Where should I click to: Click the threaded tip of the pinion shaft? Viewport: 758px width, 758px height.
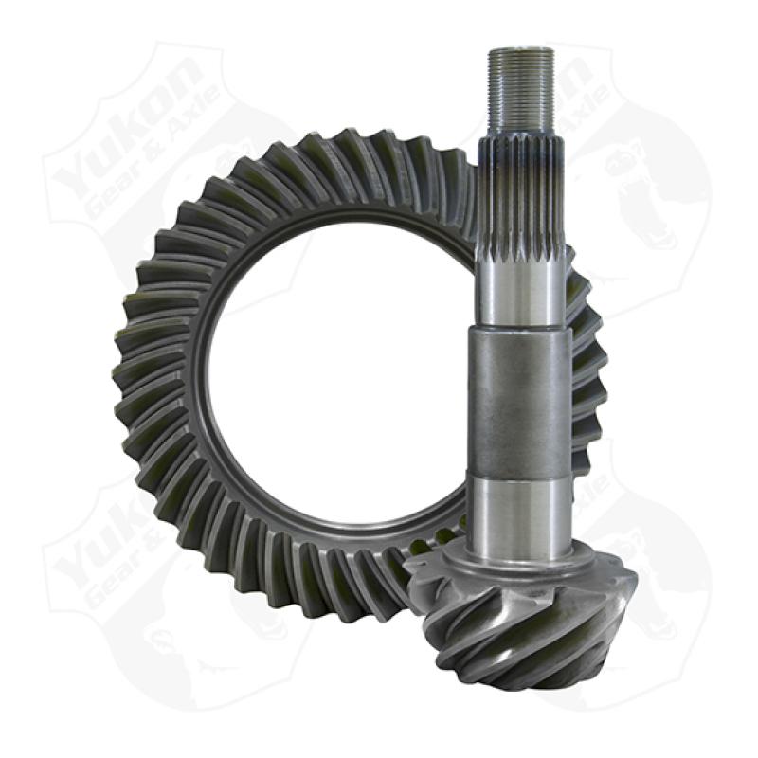pos(521,90)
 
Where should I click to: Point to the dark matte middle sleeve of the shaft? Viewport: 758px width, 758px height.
pos(520,398)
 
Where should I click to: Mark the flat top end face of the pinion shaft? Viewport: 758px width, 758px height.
pos(521,49)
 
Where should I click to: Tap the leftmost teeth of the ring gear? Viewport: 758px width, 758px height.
pos(133,379)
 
